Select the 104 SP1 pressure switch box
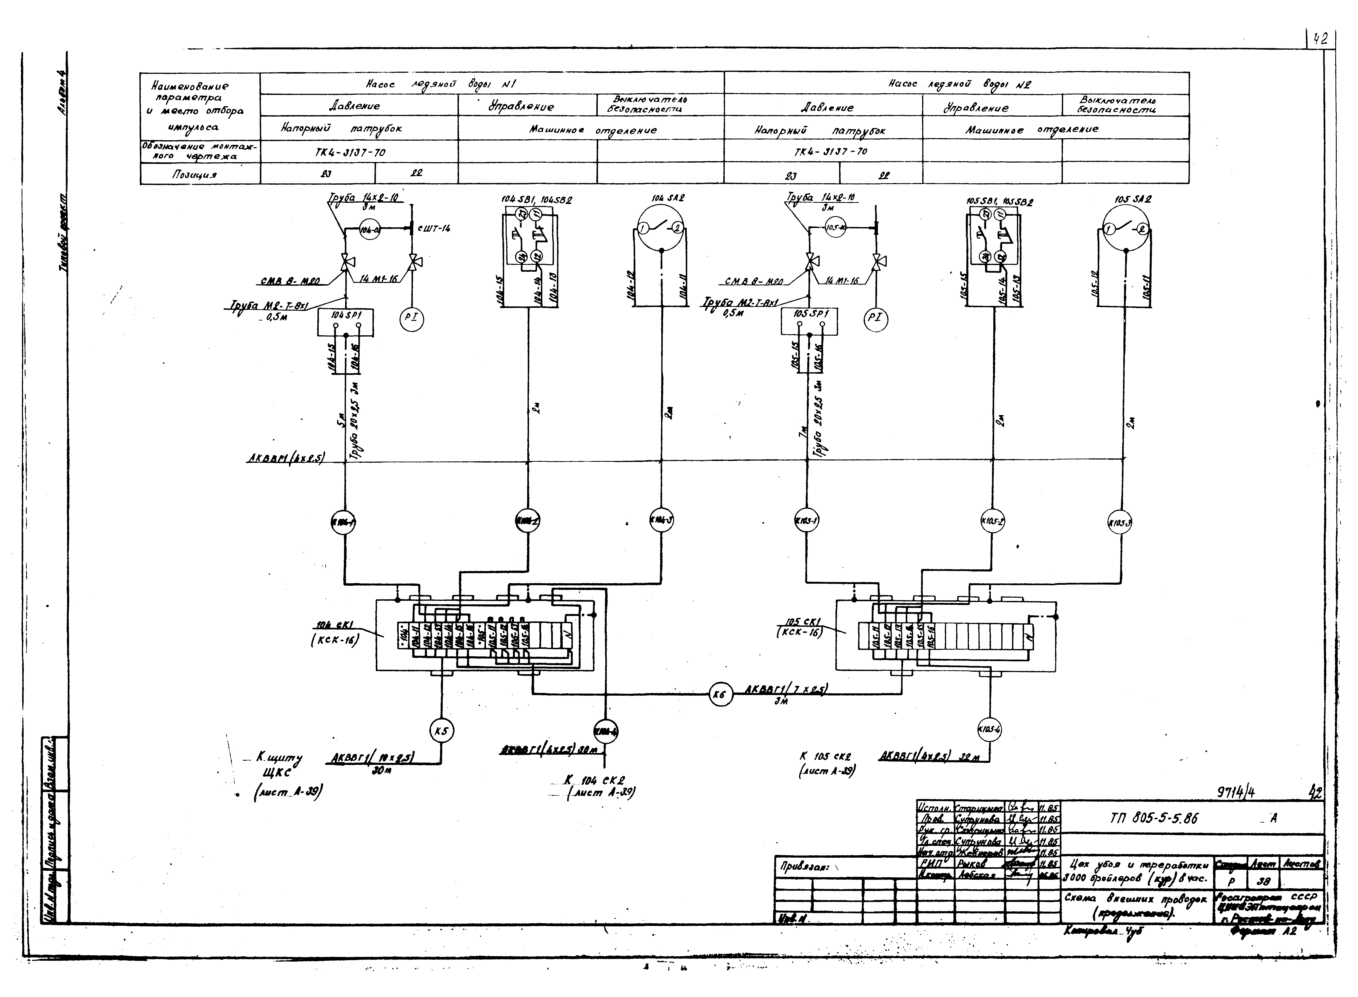(x=345, y=323)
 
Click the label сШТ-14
(x=433, y=228)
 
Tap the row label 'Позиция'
(x=195, y=174)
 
